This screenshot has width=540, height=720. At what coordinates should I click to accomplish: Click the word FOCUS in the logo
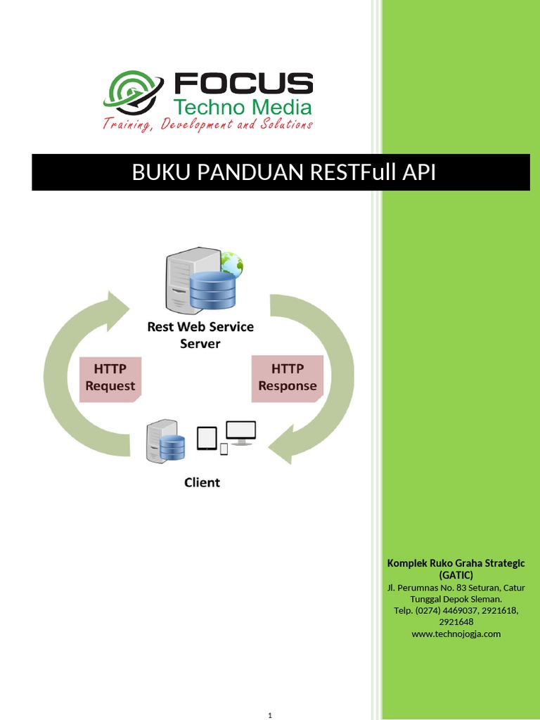click(x=243, y=84)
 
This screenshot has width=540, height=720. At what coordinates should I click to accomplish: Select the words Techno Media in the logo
click(x=243, y=108)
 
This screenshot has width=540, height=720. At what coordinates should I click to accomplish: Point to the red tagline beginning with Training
click(x=207, y=125)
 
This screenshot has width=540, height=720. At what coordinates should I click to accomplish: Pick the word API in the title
click(x=419, y=172)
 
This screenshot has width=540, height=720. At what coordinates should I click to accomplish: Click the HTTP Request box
click(x=110, y=378)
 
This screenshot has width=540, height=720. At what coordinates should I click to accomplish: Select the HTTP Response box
click(x=287, y=378)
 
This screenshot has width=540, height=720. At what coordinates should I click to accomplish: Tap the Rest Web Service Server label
click(x=200, y=335)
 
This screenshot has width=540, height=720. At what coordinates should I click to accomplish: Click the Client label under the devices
click(x=202, y=482)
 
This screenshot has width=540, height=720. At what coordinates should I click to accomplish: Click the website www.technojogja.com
click(x=456, y=634)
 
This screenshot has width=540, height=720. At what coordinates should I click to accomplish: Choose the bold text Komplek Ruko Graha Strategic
click(x=456, y=563)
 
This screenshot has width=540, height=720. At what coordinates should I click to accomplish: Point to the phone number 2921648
click(x=456, y=622)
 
